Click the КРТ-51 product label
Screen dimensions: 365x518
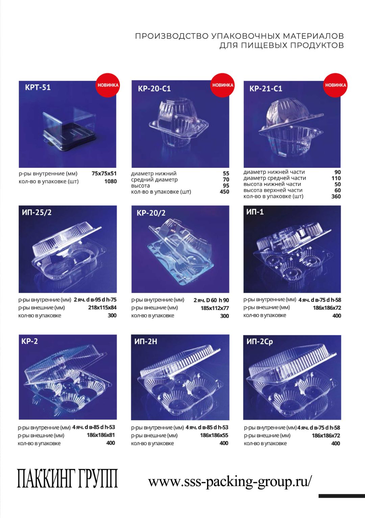(x=38, y=87)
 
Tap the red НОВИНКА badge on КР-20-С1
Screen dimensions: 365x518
(x=222, y=85)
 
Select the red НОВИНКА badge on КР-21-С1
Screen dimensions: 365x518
(x=335, y=85)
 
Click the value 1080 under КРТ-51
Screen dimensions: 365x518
(x=111, y=181)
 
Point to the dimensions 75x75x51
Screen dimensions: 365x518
(x=104, y=174)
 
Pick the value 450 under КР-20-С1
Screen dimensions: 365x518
(x=224, y=192)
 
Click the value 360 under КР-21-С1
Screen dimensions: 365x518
(x=336, y=196)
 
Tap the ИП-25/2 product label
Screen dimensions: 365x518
(x=36, y=212)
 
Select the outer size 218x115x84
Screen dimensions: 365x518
(x=102, y=308)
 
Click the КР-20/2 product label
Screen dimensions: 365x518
(x=151, y=213)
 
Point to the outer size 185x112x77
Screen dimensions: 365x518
(x=215, y=308)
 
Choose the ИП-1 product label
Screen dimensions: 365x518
(x=255, y=212)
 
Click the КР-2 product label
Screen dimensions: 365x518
(x=29, y=341)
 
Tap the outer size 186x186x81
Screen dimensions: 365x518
(x=101, y=435)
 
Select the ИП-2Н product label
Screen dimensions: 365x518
(x=146, y=341)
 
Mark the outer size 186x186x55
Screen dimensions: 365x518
(x=214, y=436)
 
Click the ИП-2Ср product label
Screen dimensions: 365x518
(x=260, y=342)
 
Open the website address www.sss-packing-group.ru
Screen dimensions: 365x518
(x=230, y=482)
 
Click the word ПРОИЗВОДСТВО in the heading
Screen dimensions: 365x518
(x=172, y=36)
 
